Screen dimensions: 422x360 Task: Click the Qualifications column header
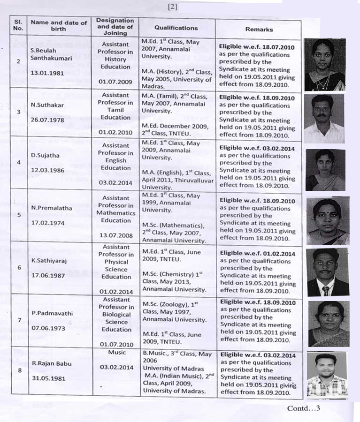[176, 28]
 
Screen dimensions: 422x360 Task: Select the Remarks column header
[259, 29]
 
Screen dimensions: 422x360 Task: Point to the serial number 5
[18, 216]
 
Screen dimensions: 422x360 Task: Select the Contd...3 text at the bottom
[303, 408]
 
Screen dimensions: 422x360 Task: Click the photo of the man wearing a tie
[327, 272]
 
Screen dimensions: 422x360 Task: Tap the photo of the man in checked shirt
[327, 375]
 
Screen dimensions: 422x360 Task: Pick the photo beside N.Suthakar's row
[324, 119]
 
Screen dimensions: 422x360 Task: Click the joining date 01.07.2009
[115, 82]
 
